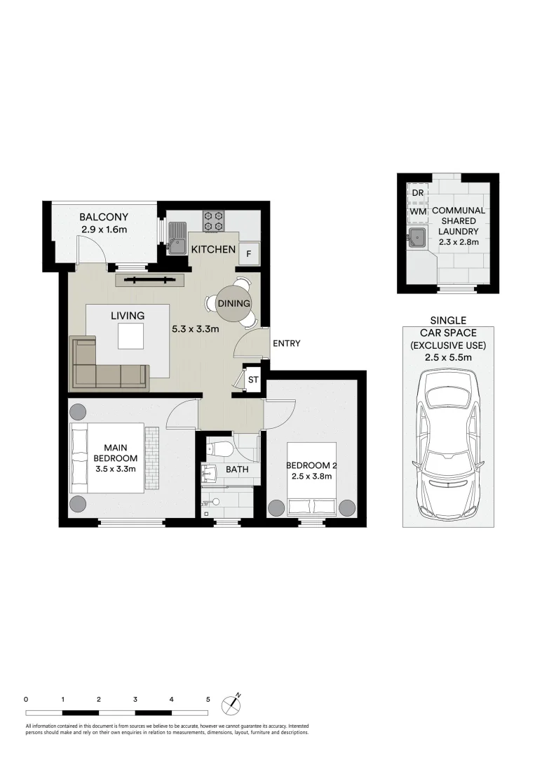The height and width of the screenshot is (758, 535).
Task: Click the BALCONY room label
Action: click(x=104, y=217)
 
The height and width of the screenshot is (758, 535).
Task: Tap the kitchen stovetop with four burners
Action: click(x=213, y=220)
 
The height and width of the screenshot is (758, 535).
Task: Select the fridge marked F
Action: click(x=249, y=253)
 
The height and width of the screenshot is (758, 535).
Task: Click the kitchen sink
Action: click(x=177, y=238)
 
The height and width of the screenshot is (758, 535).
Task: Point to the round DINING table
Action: click(x=233, y=303)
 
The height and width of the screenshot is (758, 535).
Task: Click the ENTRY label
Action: click(x=286, y=343)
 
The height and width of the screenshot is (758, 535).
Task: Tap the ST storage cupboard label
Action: click(x=253, y=380)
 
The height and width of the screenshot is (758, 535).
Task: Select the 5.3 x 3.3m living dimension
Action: click(x=196, y=329)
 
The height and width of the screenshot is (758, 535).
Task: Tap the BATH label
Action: click(x=237, y=469)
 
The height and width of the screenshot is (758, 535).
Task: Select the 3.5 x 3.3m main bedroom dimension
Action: click(x=116, y=468)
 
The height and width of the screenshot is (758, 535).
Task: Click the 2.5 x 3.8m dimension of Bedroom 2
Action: click(x=311, y=476)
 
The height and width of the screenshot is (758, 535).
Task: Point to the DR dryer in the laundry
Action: click(x=418, y=192)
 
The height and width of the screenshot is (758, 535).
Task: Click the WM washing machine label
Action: click(x=418, y=212)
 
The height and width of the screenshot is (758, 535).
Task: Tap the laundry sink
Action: click(x=418, y=237)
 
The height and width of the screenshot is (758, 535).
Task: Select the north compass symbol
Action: click(x=231, y=705)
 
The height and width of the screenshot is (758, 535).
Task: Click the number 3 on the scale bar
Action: click(x=135, y=699)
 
